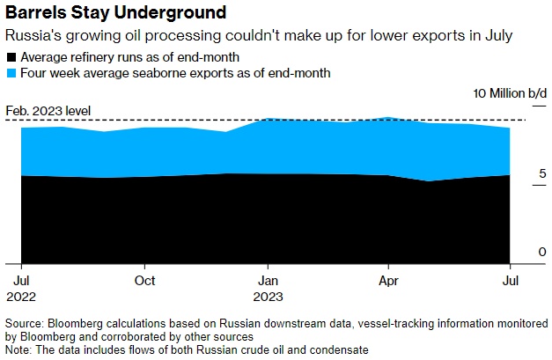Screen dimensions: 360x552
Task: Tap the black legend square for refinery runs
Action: (x=11, y=57)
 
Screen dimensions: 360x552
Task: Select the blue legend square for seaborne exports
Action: (x=11, y=73)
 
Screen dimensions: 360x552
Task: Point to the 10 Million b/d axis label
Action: (x=511, y=93)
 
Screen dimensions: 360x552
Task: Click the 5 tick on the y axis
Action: (x=542, y=174)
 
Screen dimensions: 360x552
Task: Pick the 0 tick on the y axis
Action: (x=542, y=253)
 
